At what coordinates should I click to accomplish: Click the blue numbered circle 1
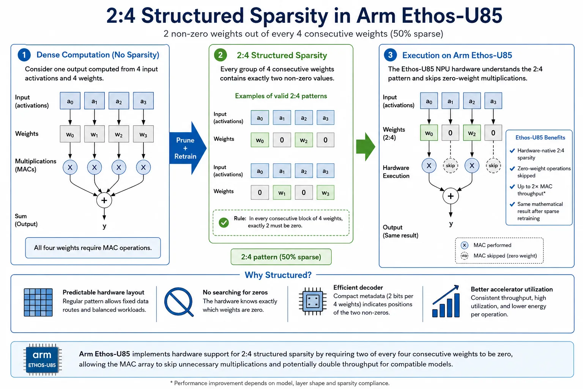(24, 55)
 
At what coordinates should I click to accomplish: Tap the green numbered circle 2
(221, 55)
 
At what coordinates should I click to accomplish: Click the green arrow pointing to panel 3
(366, 147)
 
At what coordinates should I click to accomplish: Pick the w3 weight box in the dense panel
(143, 134)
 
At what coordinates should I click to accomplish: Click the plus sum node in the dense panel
(104, 200)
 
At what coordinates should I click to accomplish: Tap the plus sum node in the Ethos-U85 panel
(451, 196)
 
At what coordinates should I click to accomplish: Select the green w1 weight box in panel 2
(282, 193)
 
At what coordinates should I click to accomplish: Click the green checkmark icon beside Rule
(224, 223)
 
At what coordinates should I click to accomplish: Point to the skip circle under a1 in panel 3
(450, 166)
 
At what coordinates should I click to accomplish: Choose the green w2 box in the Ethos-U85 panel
(472, 133)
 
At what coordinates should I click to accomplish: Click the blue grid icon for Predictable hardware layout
(38, 302)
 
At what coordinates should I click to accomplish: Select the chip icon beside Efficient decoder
(313, 302)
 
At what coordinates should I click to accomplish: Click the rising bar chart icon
(446, 301)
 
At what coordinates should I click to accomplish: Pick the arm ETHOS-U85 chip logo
(43, 359)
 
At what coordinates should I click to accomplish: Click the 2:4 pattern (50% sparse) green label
(281, 257)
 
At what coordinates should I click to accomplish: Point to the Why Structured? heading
(278, 275)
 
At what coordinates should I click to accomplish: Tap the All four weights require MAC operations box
(93, 248)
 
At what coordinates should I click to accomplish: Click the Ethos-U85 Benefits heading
(540, 138)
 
